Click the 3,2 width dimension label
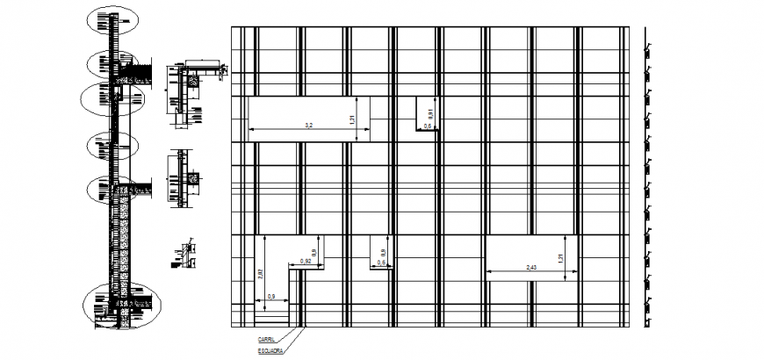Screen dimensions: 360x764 (308, 126)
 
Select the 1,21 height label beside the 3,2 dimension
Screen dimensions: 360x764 (351, 120)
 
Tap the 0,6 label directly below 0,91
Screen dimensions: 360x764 (428, 127)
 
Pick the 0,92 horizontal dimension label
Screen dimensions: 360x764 (306, 262)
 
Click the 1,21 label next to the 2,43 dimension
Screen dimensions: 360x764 (559, 258)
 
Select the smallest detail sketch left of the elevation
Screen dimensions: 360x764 (184, 255)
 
